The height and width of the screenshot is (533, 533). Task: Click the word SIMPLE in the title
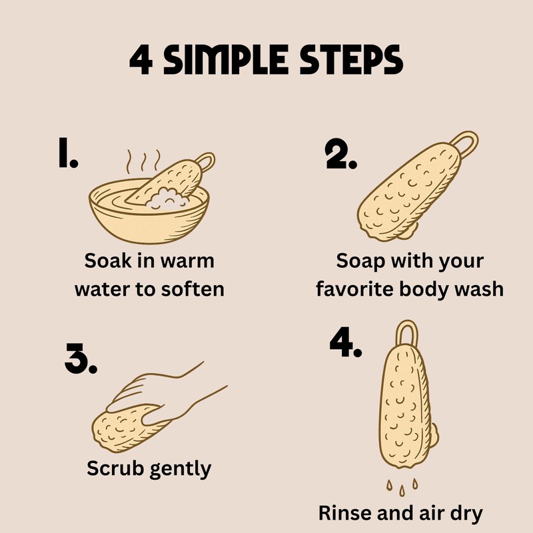click(x=226, y=60)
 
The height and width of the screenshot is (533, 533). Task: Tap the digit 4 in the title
click(x=141, y=60)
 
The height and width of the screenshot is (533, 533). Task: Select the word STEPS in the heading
click(x=352, y=60)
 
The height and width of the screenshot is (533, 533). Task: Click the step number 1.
click(x=68, y=153)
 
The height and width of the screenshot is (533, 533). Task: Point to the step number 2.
click(x=341, y=154)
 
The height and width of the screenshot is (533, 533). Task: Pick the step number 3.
click(x=81, y=358)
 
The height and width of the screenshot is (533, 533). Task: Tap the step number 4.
click(x=346, y=342)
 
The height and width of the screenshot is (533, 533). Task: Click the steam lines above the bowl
click(x=143, y=161)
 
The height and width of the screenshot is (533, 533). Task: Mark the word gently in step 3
click(x=181, y=470)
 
